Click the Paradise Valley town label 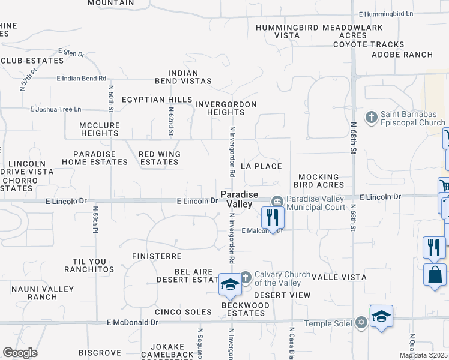[x=238, y=199]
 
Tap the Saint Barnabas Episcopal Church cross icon [x=371, y=117]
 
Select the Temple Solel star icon [x=360, y=323]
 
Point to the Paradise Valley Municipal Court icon [x=277, y=201]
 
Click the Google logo [x=20, y=353]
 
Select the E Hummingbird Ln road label [x=386, y=14]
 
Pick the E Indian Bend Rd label [x=81, y=78]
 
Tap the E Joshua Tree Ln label [x=55, y=109]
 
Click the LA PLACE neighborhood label [x=261, y=166]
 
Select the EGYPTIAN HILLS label [x=157, y=100]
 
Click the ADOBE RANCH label [x=402, y=55]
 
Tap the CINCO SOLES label [x=183, y=312]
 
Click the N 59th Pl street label [x=95, y=220]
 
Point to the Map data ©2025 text [x=423, y=355]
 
